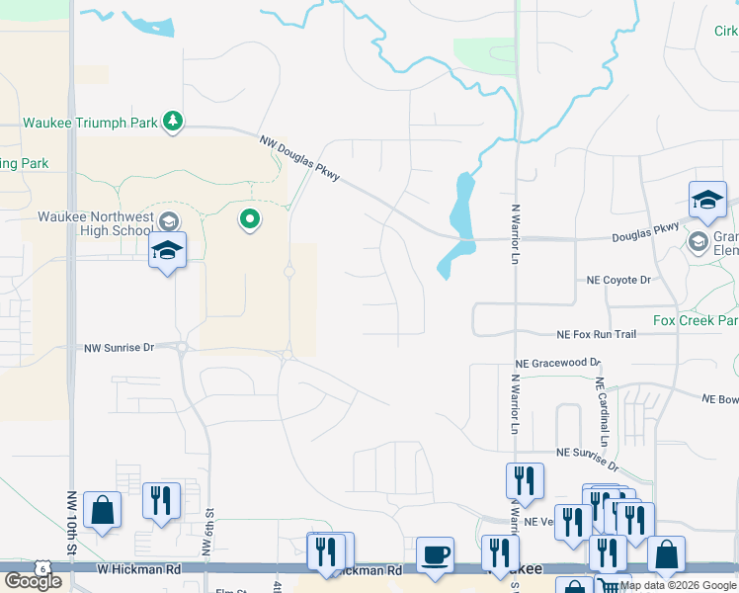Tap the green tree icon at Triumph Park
click(x=173, y=121)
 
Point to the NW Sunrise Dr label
click(x=120, y=348)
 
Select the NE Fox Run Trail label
click(x=596, y=335)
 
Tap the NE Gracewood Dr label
click(x=566, y=363)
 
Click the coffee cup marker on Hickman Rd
click(x=434, y=555)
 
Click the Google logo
click(x=33, y=581)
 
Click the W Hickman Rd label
click(x=138, y=569)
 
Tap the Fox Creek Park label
click(x=696, y=321)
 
